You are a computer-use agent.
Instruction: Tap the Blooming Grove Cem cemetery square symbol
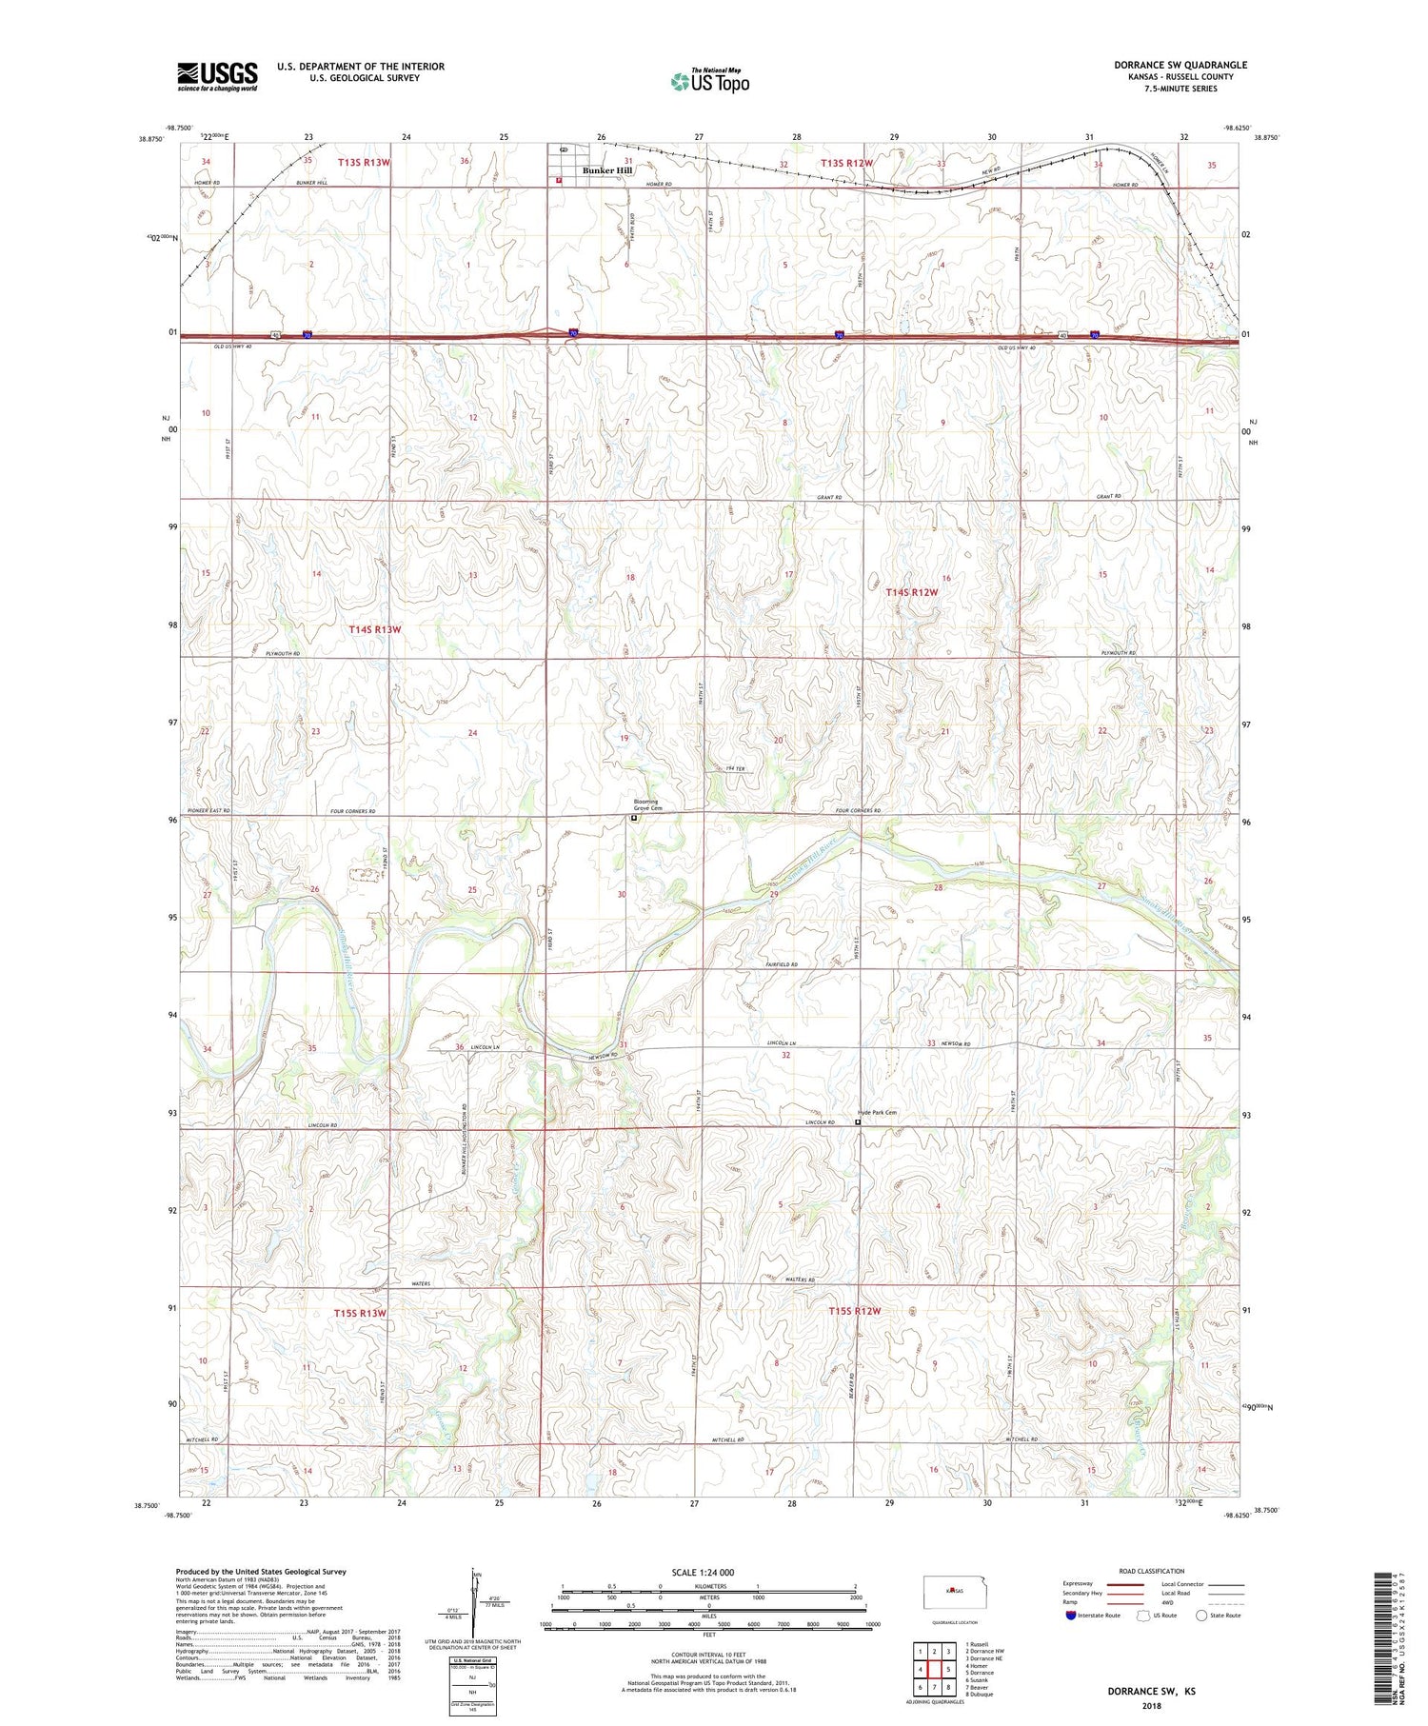[x=634, y=817]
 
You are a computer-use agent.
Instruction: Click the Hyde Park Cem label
[x=877, y=1112]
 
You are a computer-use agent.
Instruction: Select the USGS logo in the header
[x=217, y=76]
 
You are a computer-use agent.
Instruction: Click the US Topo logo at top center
[x=709, y=81]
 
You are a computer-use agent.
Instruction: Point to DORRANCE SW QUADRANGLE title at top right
[x=1180, y=65]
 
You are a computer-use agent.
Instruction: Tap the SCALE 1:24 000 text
[x=708, y=1572]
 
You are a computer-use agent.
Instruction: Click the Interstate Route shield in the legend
[x=1070, y=1615]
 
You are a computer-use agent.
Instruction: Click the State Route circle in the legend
[x=1202, y=1615]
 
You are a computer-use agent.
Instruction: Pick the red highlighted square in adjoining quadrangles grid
[x=935, y=1668]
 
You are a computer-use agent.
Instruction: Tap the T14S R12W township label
[x=912, y=592]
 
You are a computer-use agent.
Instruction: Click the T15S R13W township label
[x=360, y=1313]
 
